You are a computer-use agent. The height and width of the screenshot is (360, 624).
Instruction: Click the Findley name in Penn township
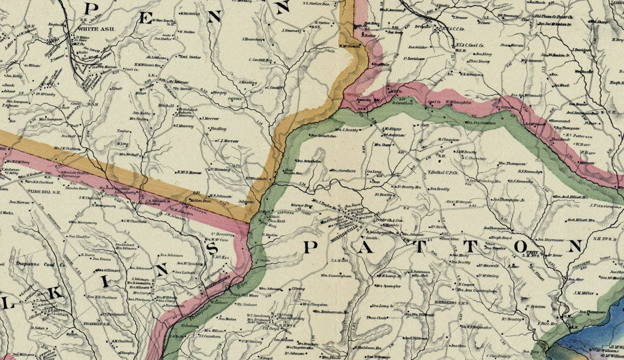[x=218, y=129]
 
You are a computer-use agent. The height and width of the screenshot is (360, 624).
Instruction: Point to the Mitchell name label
[x=165, y=105]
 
